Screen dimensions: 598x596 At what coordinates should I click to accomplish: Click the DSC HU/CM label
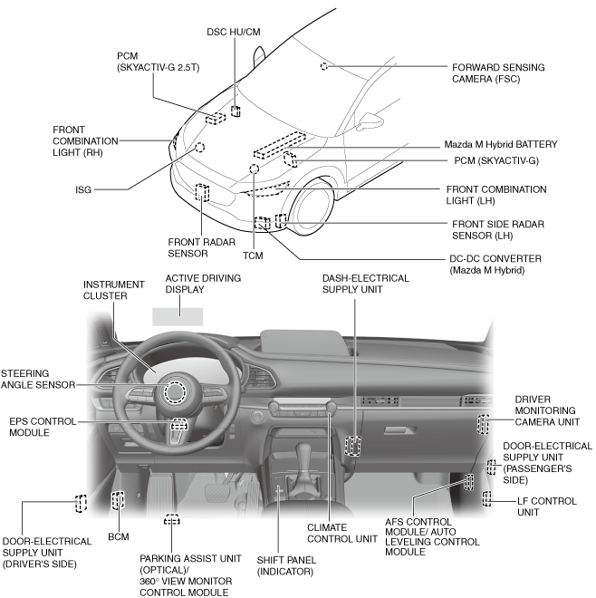(x=235, y=30)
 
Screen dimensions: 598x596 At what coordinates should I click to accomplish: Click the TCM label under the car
(x=254, y=256)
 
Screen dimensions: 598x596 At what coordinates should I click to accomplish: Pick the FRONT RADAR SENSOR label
(x=188, y=247)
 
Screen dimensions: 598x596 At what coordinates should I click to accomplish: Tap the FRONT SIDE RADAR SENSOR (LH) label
(x=497, y=228)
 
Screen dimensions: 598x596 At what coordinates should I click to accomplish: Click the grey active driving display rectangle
(x=178, y=316)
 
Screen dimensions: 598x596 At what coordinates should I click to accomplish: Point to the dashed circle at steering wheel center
(x=174, y=392)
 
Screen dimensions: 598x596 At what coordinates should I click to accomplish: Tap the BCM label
(x=118, y=537)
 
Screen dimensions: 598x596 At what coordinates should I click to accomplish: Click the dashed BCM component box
(x=118, y=500)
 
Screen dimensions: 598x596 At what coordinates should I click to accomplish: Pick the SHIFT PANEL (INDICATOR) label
(x=284, y=565)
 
